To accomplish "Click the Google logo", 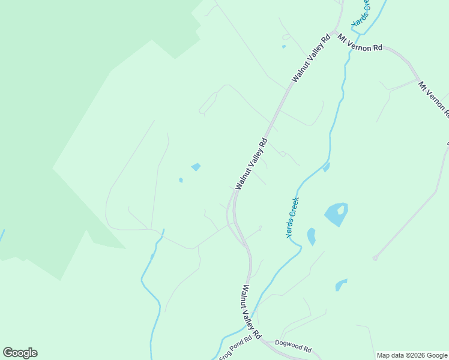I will [20, 353].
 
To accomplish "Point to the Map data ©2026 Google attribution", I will [412, 355].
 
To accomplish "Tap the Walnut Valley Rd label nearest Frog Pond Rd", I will [251, 310].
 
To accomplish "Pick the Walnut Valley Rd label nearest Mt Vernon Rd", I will [312, 58].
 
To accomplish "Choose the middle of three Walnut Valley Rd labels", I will [251, 164].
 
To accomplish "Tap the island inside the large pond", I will [341, 210].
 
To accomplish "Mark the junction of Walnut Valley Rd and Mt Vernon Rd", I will [334, 32].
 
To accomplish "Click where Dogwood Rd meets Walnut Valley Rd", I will [262, 340].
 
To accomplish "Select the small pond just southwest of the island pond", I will [311, 236].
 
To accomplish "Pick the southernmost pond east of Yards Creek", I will [341, 284].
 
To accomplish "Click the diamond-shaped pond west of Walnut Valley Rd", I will [196, 167].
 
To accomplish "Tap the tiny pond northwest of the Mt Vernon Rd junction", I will [283, 46].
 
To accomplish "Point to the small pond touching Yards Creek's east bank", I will [326, 167].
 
